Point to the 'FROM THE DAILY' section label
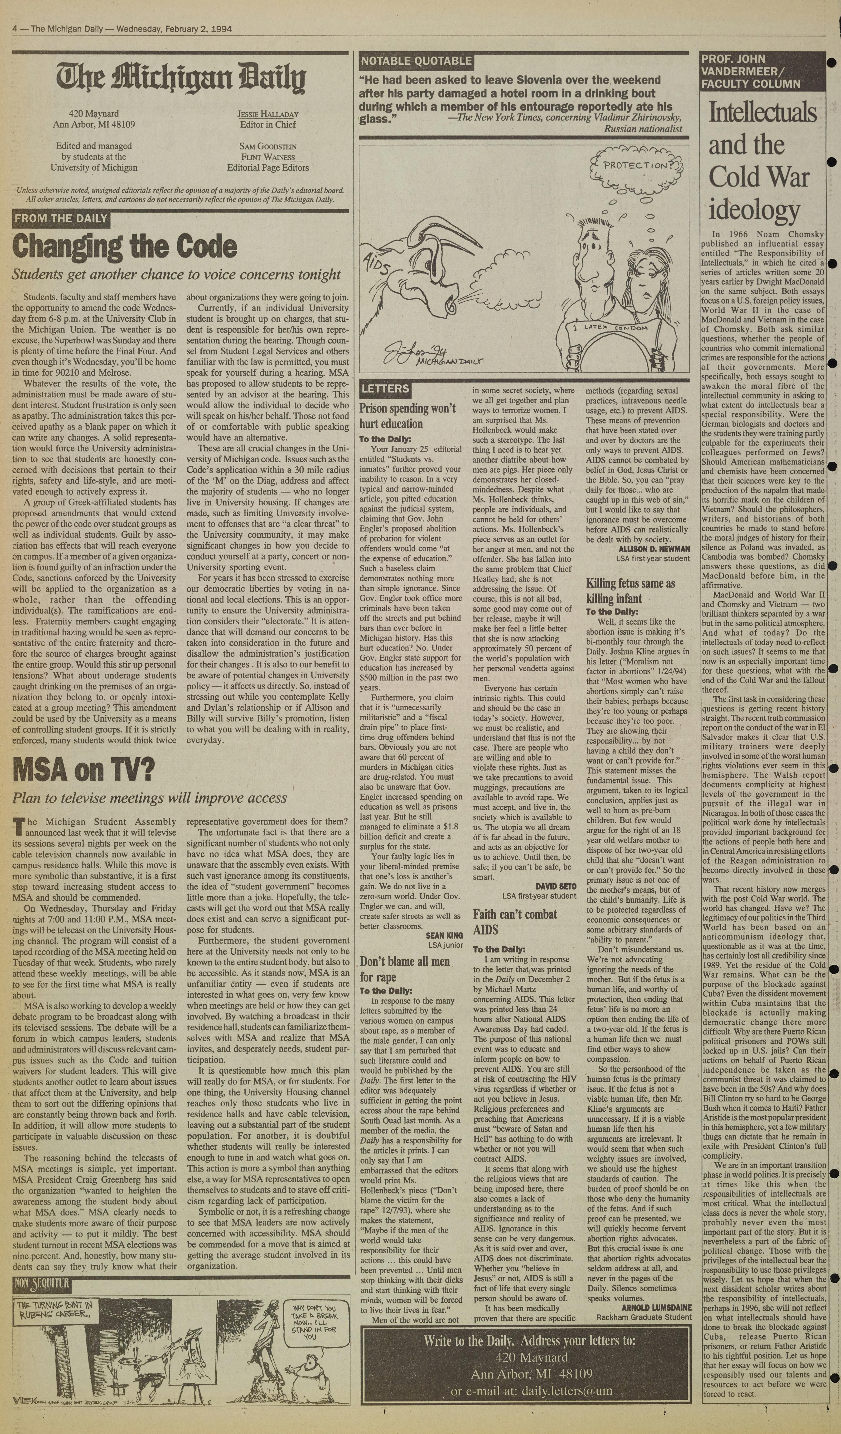coord(61,218)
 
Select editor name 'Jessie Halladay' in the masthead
coord(268,114)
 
